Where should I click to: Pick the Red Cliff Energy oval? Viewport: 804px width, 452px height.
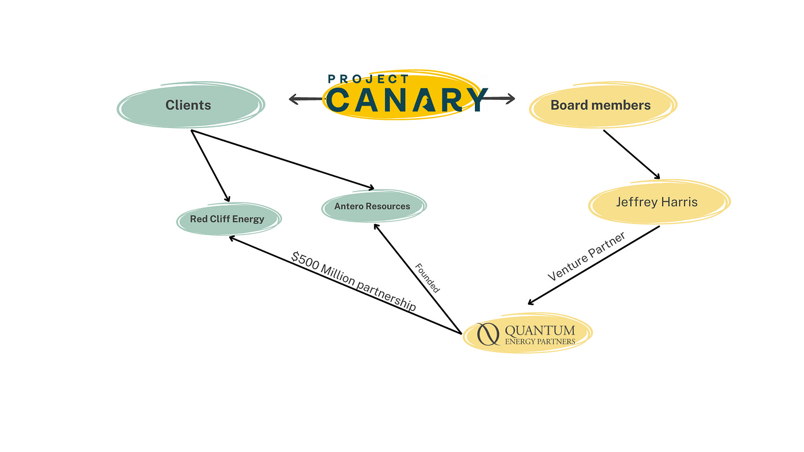coord(228,219)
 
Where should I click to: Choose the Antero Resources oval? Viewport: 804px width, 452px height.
coord(373,206)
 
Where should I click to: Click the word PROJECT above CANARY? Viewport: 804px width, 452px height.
coord(368,79)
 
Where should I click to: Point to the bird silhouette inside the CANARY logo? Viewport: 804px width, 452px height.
coord(426,102)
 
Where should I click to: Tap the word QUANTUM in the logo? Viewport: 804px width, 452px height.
coord(539,330)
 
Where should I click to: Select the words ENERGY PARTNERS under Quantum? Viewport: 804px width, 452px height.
coord(539,341)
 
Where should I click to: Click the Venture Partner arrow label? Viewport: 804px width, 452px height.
coord(587,256)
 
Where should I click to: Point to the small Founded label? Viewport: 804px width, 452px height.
coord(427,278)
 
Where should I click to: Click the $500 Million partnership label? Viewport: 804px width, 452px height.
coord(353,281)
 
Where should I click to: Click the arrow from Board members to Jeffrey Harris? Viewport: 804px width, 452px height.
coord(631,155)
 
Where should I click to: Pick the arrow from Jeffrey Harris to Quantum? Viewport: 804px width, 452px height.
coord(594,265)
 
